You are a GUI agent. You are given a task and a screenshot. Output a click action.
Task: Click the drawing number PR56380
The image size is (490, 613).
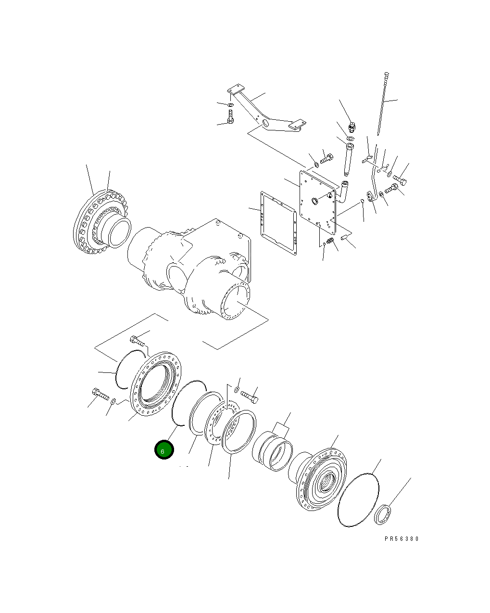click(402, 539)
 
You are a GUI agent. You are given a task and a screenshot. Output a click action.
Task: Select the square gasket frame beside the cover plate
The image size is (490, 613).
click(278, 222)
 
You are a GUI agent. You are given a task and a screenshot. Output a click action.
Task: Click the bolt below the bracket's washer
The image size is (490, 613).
click(230, 117)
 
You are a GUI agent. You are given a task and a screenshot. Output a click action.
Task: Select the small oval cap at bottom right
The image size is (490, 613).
click(383, 513)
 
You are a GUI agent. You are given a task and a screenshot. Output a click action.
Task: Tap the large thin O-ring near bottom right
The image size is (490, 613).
click(358, 500)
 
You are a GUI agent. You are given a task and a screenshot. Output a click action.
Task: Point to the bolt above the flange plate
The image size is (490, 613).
click(138, 341)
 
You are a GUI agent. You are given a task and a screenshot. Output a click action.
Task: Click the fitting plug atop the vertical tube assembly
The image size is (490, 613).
click(352, 126)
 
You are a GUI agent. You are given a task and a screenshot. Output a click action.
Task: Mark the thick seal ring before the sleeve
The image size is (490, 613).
click(238, 432)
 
